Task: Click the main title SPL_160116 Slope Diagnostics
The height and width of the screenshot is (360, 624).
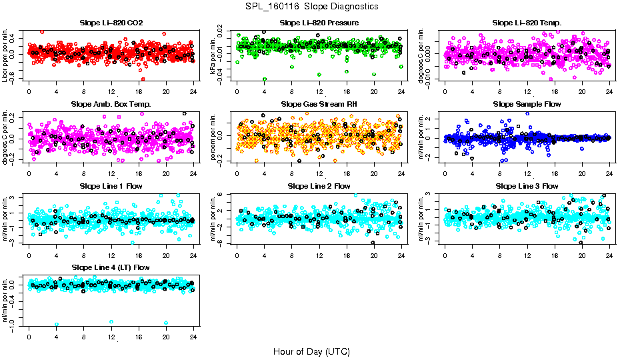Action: click(311, 7)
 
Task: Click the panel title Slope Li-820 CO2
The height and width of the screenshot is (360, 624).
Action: click(111, 23)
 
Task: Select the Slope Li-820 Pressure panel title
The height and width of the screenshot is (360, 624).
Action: click(319, 23)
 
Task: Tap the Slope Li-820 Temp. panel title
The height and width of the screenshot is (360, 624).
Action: click(527, 23)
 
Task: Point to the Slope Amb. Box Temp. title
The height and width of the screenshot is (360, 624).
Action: click(111, 105)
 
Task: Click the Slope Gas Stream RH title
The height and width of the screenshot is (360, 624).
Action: click(319, 105)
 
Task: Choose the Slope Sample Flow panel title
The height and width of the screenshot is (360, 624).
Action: click(527, 105)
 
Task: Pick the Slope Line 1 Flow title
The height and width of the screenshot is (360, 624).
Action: click(111, 186)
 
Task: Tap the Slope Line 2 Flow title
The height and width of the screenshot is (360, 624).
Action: click(319, 186)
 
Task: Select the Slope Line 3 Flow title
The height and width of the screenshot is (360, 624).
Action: click(527, 186)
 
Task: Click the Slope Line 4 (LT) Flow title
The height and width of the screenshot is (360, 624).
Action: click(111, 268)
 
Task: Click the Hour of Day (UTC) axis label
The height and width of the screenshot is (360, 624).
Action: click(311, 351)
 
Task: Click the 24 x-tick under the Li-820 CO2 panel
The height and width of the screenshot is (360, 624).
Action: click(193, 92)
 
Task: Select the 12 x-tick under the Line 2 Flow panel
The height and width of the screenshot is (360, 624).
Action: click(319, 255)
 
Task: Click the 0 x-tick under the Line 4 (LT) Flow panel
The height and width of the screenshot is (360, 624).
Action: click(29, 337)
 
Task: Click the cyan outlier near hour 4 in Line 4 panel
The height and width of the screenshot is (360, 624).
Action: click(56, 325)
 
